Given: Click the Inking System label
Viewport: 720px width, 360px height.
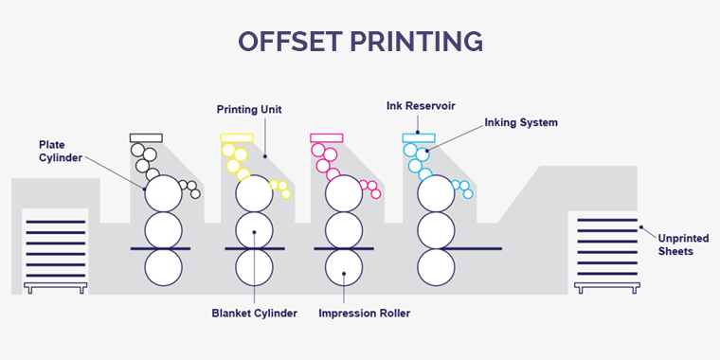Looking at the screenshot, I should tap(520, 122).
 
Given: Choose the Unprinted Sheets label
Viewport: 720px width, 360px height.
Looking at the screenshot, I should tap(678, 244).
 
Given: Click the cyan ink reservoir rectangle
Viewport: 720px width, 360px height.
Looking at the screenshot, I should tap(418, 137).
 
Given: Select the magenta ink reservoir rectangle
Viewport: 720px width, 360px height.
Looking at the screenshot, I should tap(326, 137).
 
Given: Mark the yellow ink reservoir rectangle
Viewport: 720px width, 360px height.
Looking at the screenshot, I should tap(236, 137).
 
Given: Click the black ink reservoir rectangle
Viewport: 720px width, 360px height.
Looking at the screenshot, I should tap(146, 137).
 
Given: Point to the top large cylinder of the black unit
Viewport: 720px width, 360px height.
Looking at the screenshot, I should tap(163, 193).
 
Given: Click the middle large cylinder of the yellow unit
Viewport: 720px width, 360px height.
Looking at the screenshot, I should tap(253, 230).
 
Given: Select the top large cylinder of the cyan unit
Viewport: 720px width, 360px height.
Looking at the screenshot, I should tap(434, 193).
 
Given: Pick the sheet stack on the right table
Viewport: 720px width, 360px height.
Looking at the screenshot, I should tap(607, 249).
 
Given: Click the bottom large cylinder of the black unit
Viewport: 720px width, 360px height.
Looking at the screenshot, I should tap(163, 266).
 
